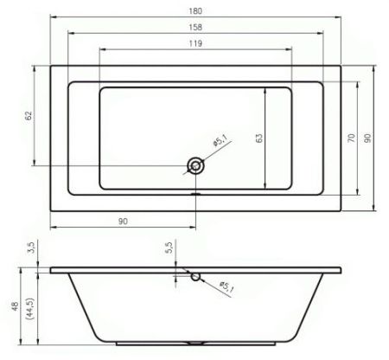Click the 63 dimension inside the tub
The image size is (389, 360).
(x=259, y=137)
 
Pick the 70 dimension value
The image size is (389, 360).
(x=352, y=137)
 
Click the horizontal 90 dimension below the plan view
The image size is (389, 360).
(x=123, y=222)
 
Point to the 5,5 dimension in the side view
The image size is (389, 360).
(x=170, y=247)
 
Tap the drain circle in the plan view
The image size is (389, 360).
(x=196, y=164)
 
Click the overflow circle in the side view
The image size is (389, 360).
(x=196, y=277)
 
